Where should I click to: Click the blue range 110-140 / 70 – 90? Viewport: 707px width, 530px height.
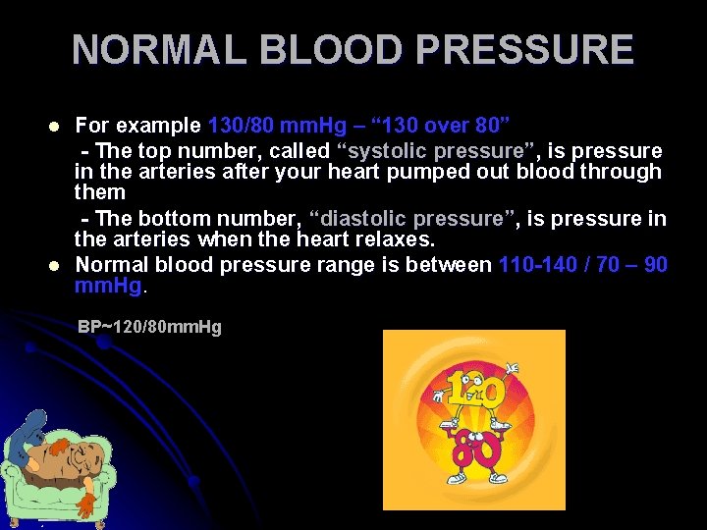tap(583, 264)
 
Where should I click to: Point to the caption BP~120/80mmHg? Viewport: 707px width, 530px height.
tap(149, 326)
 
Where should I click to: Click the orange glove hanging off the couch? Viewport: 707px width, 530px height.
tap(87, 503)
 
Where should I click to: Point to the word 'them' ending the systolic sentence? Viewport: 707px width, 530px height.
tap(99, 192)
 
